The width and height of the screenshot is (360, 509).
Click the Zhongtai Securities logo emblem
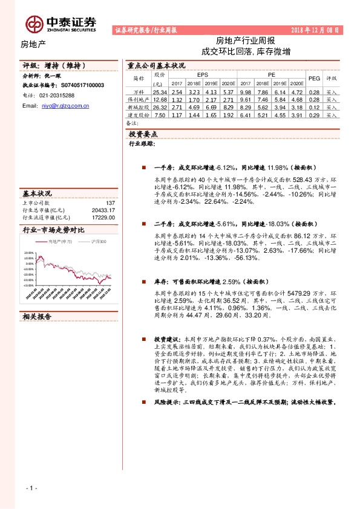(33, 23)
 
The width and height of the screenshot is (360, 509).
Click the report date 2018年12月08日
(316, 30)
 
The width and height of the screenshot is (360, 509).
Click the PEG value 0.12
(314, 107)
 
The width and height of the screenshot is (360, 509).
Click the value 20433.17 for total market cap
(102, 210)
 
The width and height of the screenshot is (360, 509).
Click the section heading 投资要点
(143, 134)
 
